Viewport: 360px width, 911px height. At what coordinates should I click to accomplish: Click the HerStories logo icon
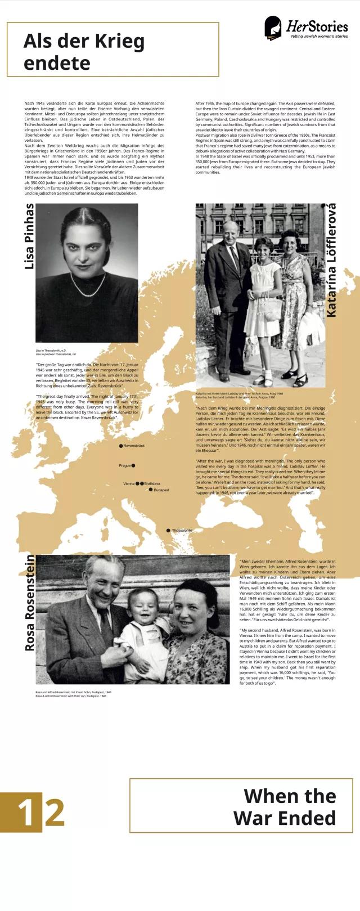coord(273,28)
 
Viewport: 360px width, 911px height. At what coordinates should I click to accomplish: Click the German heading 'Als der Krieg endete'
coord(84,52)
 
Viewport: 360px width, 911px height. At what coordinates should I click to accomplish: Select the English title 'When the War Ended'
coord(285,806)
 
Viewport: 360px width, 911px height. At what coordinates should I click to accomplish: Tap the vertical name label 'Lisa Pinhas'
coord(29,236)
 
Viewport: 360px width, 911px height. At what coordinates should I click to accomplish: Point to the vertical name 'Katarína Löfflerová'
coord(331,260)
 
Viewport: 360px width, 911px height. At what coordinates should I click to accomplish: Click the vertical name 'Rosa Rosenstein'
coord(29,603)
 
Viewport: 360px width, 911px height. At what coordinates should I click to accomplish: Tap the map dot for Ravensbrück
coord(121,446)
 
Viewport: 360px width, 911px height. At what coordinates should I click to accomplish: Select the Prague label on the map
coord(124,466)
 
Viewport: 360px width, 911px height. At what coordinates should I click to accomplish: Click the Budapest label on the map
coord(161,490)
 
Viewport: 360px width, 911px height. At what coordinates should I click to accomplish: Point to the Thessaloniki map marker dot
coord(168,531)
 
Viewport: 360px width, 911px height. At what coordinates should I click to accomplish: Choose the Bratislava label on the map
coord(152,483)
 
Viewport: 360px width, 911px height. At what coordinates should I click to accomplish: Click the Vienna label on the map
coord(129,483)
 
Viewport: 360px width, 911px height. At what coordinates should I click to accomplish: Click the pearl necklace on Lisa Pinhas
coord(87,290)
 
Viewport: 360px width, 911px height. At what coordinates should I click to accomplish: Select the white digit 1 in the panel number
coord(26,813)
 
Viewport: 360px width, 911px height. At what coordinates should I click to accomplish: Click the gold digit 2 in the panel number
coord(55,813)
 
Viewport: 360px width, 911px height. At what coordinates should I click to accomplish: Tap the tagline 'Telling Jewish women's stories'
coord(319,37)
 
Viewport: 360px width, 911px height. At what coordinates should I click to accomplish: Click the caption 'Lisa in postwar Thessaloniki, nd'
coord(56,354)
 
